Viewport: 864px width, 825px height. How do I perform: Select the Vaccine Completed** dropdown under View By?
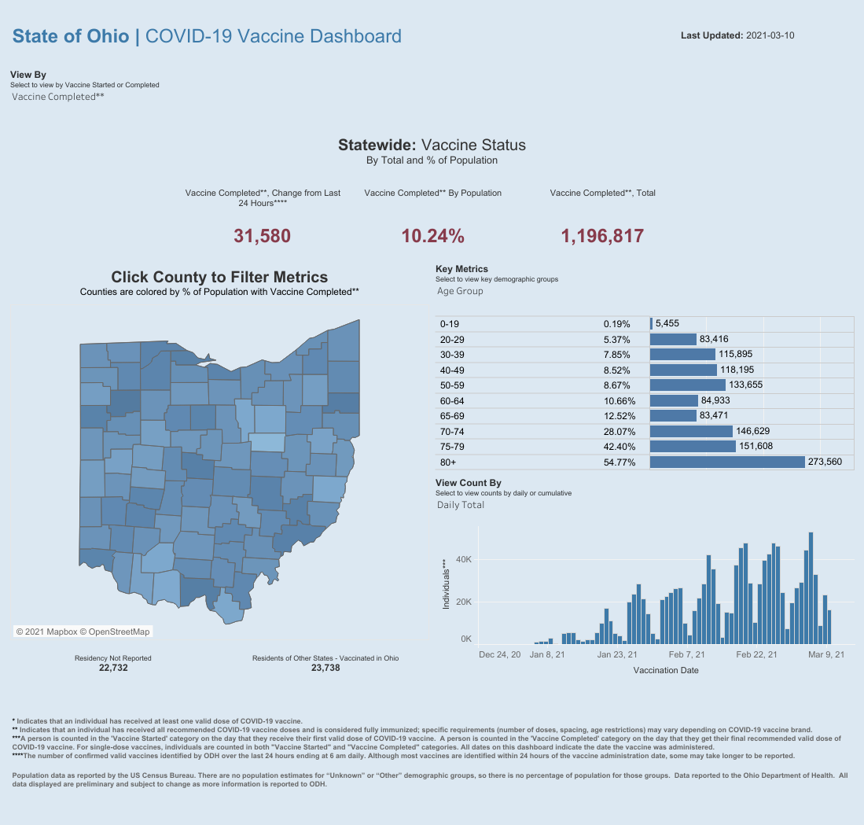click(58, 97)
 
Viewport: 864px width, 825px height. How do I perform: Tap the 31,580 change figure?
click(263, 236)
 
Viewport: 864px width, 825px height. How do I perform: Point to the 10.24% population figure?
click(432, 236)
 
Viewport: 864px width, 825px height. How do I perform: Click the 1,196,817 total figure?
click(602, 236)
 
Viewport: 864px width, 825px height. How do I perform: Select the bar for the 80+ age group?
click(727, 462)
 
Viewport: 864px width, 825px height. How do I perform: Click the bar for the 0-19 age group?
click(651, 323)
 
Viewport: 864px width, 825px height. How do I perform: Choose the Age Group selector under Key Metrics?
click(460, 291)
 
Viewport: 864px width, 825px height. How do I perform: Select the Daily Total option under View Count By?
click(461, 505)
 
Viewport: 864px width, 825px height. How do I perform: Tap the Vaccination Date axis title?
click(665, 671)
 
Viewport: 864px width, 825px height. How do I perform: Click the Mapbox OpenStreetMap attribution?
click(83, 632)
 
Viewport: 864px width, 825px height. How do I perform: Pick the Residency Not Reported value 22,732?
click(113, 668)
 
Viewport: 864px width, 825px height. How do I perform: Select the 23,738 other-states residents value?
click(325, 668)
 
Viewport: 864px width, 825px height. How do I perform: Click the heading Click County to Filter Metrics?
click(219, 277)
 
